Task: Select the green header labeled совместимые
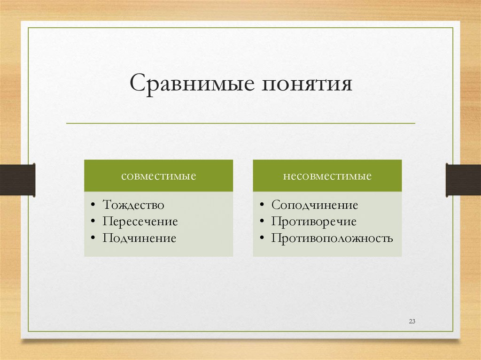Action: coord(158,176)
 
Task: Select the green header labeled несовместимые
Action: coord(327,176)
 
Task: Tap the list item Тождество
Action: coord(133,205)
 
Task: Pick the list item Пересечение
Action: coord(140,222)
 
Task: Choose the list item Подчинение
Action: coord(140,238)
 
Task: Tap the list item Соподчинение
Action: coord(314,205)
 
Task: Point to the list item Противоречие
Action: coord(313,222)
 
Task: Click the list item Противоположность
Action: coord(332,238)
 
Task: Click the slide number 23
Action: coord(412,322)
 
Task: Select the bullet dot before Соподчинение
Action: coord(262,206)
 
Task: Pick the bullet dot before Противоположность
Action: coord(262,238)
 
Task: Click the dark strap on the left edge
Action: coord(17,179)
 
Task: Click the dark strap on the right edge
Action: coord(463,179)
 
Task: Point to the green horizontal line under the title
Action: coord(240,123)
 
